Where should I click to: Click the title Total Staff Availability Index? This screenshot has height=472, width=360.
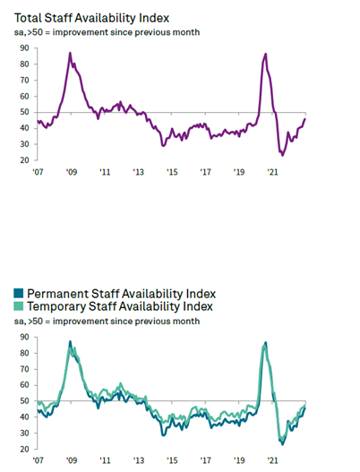coord(91,19)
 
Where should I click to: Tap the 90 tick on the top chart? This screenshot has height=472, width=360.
coord(24,47)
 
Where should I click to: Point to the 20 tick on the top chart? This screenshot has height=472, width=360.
coord(24,160)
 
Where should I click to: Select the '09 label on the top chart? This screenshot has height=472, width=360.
coord(72,172)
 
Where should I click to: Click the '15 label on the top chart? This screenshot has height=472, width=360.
coord(172,172)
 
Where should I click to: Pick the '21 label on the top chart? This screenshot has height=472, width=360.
coord(272,172)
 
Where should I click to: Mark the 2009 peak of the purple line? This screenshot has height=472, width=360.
coord(70,53)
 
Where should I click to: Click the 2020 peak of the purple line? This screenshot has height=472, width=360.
coord(265,54)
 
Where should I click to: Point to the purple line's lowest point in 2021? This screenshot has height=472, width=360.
coord(282,155)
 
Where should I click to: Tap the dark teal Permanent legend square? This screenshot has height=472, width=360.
coord(19,293)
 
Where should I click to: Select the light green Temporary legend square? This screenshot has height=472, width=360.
coord(19,306)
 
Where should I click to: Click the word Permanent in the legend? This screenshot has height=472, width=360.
coord(58,294)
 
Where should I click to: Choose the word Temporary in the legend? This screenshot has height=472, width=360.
coord(56,306)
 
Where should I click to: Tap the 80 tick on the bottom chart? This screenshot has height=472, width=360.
coord(24,353)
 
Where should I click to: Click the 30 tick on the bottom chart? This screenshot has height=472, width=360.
coord(24,433)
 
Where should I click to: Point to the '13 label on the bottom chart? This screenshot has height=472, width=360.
coord(139,460)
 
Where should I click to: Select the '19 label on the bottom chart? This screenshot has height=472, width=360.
coord(239,460)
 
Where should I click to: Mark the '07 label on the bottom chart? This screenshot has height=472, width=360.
coord(38,460)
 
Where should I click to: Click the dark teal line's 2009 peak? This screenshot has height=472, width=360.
coord(70,341)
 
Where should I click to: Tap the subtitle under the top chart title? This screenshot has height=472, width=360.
coord(107,32)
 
